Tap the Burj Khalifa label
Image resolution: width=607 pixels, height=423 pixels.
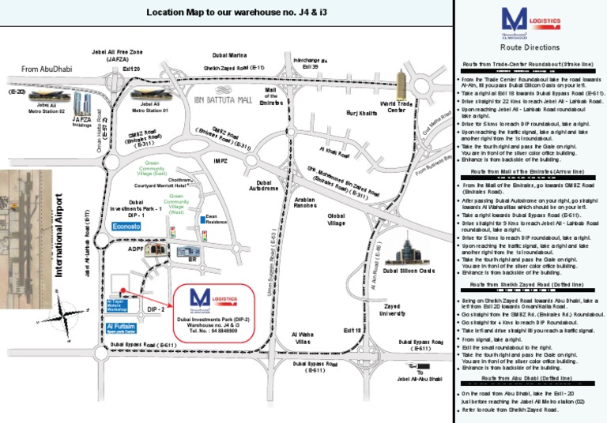363,114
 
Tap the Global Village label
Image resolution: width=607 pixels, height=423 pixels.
337,219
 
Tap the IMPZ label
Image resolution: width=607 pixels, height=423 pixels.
221,161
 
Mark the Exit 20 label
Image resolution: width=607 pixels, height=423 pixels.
131,69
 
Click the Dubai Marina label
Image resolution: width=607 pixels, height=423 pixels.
231,54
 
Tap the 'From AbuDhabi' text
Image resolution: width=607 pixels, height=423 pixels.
46,69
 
